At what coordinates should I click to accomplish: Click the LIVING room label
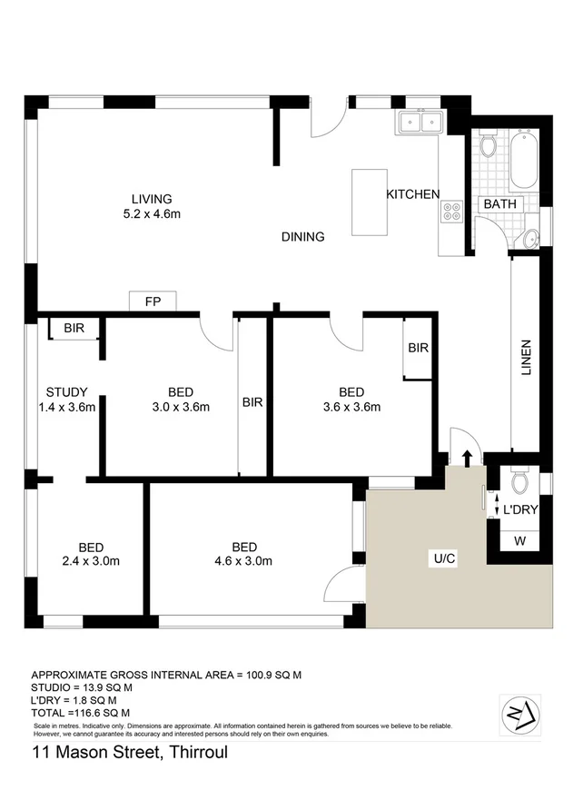152,199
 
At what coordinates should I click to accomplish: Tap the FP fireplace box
153,302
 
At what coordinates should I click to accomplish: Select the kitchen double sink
419,123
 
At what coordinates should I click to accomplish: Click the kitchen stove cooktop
451,212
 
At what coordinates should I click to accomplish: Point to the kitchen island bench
370,202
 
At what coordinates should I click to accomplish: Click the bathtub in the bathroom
523,160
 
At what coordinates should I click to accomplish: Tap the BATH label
499,204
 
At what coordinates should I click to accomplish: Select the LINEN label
526,358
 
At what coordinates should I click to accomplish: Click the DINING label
302,237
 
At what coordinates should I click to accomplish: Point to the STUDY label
67,391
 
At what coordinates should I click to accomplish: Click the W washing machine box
519,542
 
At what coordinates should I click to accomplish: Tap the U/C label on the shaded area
444,558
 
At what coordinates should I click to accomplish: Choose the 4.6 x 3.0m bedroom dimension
244,561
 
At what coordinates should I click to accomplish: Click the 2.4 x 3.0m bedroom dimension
91,561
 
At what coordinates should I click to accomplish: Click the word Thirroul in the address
195,753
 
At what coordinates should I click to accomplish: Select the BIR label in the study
75,329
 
